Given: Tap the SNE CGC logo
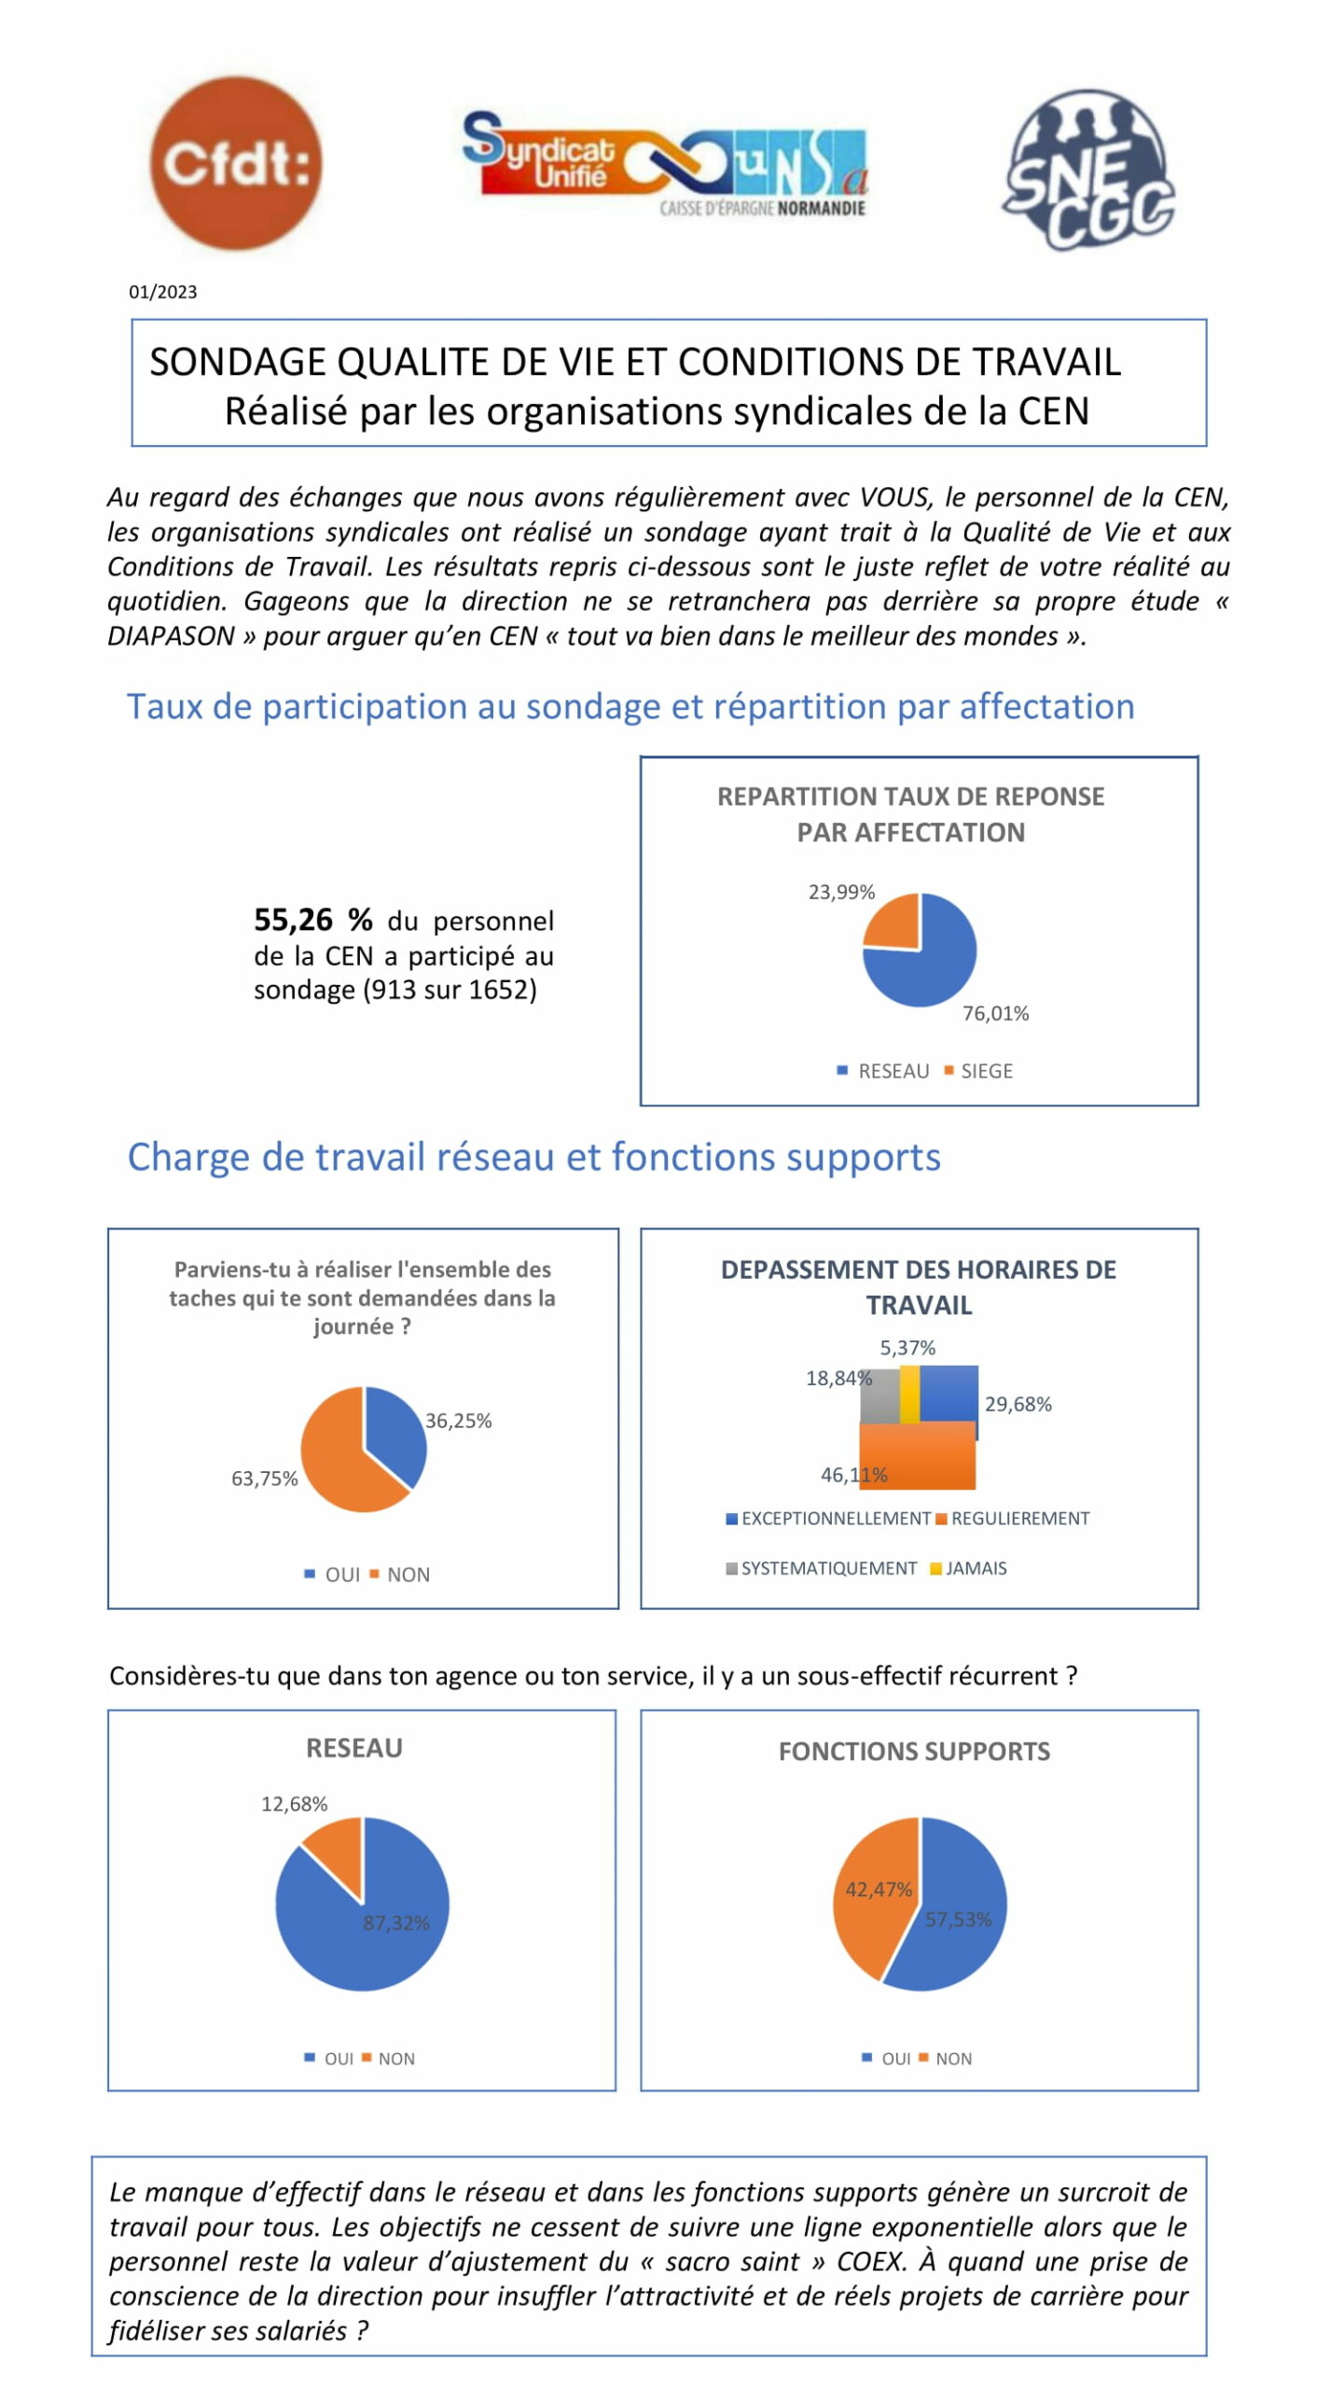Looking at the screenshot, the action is coord(1088,170).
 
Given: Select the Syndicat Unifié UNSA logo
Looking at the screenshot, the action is coord(665,164).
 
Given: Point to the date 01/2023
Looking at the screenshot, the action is coord(163,292).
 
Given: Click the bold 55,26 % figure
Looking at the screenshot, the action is coord(313,920).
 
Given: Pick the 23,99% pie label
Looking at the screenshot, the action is coord(841,892).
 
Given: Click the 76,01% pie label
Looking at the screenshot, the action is coord(995,1013).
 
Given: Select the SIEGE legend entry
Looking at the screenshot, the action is coord(978,1071).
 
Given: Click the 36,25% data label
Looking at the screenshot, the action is coord(458,1421).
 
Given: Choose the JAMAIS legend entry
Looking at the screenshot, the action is coord(968,1568).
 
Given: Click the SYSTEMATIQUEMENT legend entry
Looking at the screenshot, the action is coord(822,1568).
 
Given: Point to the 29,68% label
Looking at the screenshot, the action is coord(1018,1404).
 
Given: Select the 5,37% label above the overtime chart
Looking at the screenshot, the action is coord(907,1347).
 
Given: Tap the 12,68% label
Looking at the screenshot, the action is coord(294,1804).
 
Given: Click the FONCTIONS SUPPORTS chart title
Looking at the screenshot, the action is coord(914,1751).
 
